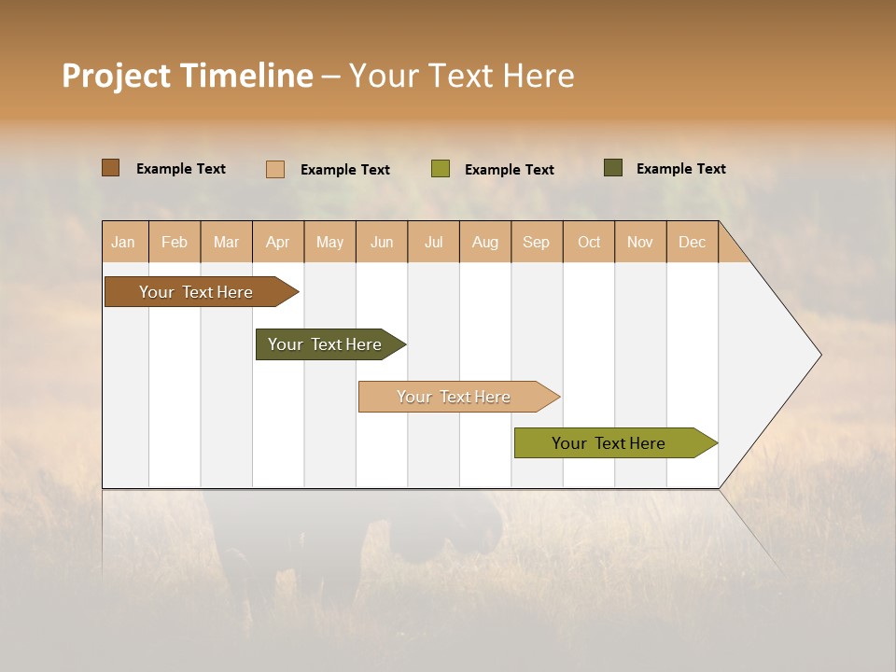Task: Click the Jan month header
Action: point(124,242)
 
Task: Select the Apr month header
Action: point(278,242)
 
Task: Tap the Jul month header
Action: point(433,242)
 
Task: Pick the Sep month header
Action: point(537,242)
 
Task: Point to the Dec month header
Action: point(692,242)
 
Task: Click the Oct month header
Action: point(589,242)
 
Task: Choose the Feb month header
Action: point(175,242)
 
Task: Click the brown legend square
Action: point(110,168)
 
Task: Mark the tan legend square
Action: point(274,169)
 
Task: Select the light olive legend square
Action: point(440,168)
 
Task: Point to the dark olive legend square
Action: point(612,168)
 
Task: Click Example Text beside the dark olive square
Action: point(680,169)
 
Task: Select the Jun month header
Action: point(382,242)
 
